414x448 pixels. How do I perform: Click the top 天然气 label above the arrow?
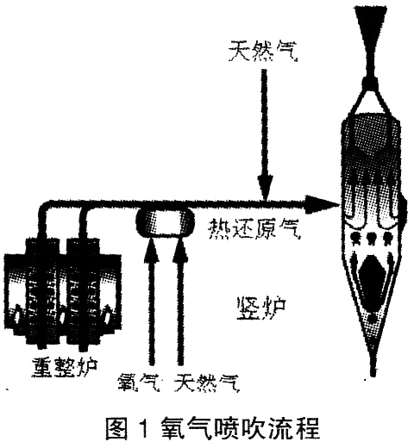pyautogui.click(x=263, y=52)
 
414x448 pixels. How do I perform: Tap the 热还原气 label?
pyautogui.click(x=254, y=229)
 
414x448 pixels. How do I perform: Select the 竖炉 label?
pyautogui.click(x=261, y=308)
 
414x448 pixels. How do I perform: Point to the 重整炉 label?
pyautogui.click(x=65, y=367)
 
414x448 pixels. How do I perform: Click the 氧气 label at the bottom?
pyautogui.click(x=139, y=383)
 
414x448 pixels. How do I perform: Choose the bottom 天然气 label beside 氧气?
pyautogui.click(x=207, y=383)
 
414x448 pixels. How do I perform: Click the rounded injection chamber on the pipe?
pyautogui.click(x=165, y=222)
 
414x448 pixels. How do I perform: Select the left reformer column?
pyautogui.click(x=42, y=290)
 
